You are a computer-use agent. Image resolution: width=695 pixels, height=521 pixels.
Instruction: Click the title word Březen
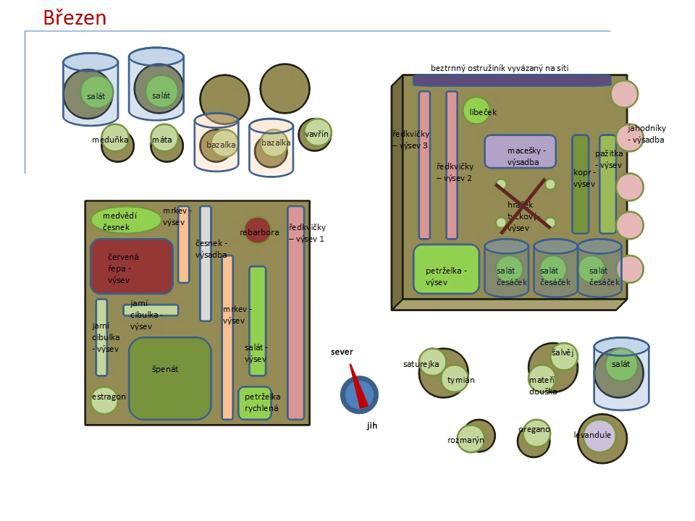(75, 17)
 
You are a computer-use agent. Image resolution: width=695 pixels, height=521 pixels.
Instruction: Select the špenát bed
(170, 378)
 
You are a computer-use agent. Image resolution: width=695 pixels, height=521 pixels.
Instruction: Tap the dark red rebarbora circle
(257, 231)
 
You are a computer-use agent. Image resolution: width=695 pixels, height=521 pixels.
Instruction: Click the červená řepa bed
(131, 266)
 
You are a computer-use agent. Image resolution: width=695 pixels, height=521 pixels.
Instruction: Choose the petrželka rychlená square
(255, 402)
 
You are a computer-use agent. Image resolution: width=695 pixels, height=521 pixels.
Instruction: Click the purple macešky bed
(520, 152)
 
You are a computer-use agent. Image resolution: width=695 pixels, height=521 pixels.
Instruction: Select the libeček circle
(476, 111)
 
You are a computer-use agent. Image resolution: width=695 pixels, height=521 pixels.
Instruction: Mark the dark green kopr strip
(580, 184)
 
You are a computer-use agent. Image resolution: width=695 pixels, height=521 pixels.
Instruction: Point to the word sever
(342, 352)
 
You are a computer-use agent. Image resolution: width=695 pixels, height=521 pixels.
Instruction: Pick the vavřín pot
(316, 135)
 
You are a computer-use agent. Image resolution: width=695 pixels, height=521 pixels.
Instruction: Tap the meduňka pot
(117, 143)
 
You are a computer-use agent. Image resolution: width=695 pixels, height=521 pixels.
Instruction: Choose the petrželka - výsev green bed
(446, 269)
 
